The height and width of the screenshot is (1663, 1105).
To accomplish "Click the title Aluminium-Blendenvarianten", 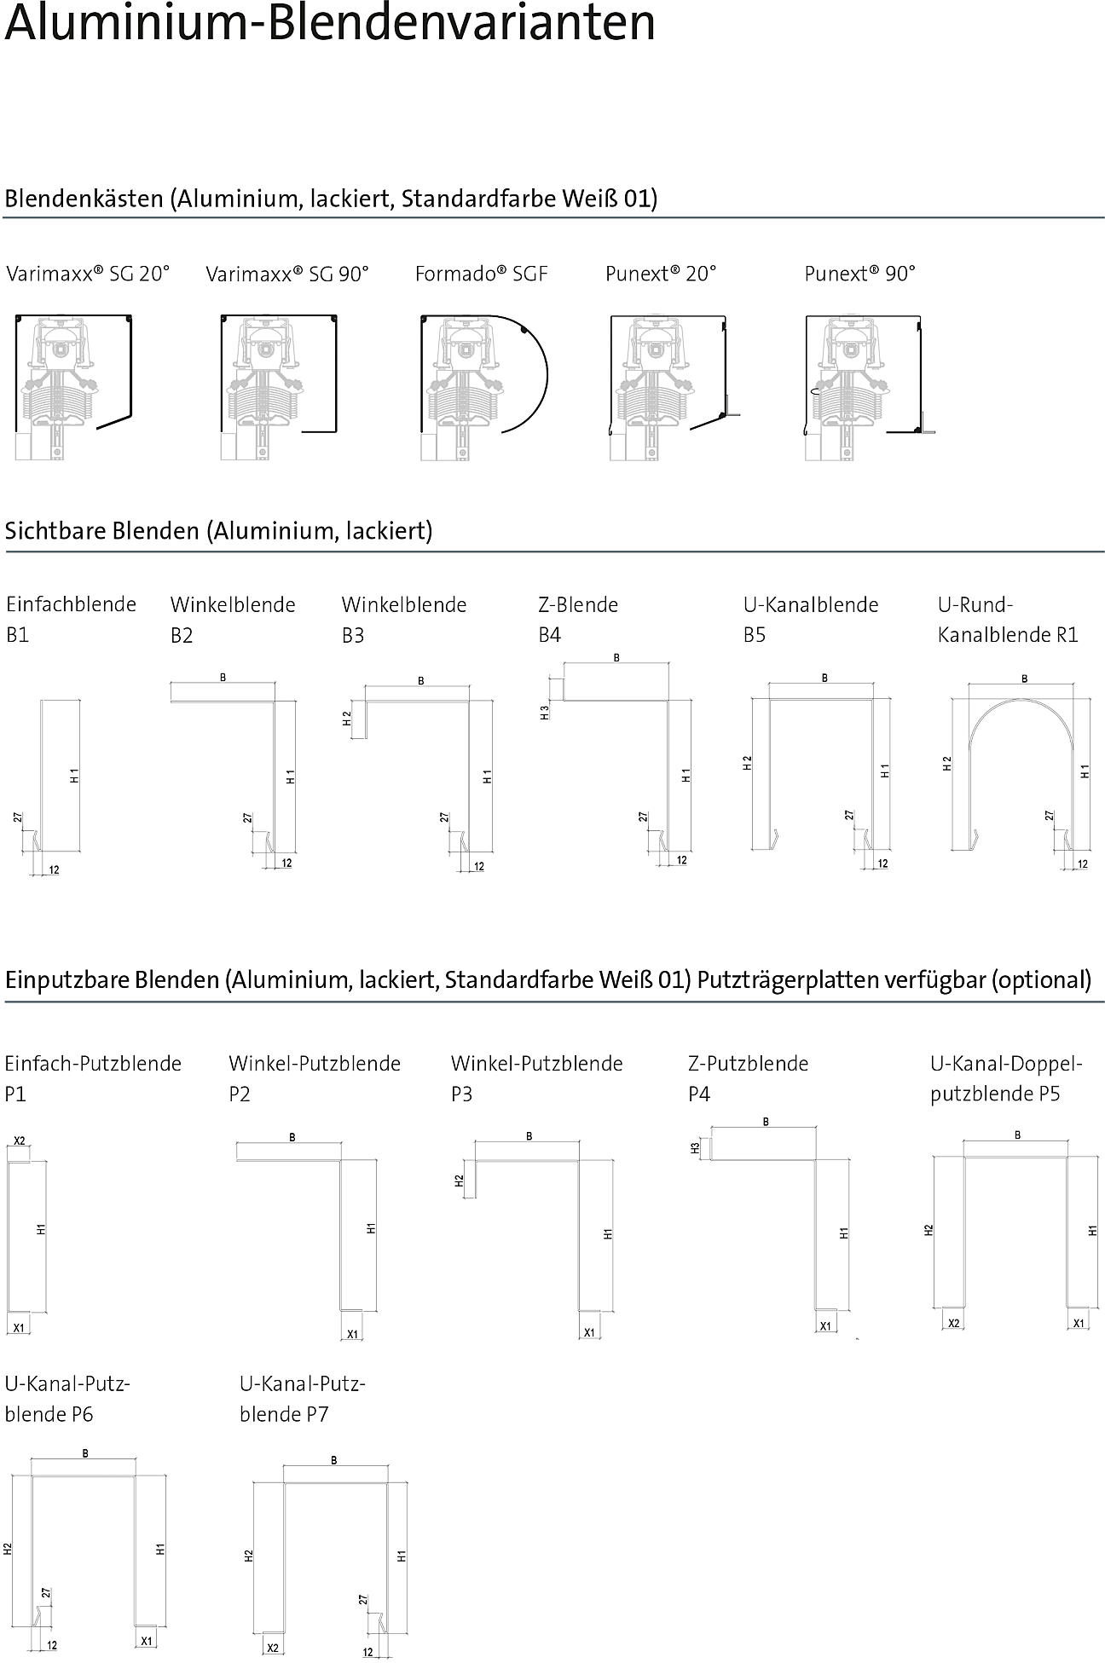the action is click(330, 23).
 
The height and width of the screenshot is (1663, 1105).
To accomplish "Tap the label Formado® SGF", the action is click(481, 274).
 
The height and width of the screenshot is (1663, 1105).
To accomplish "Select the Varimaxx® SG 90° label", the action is click(287, 274).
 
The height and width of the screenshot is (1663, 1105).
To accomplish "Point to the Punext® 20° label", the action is click(661, 274).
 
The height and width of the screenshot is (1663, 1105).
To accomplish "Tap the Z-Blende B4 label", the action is click(578, 620).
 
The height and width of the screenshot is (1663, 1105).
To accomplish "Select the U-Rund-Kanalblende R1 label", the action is click(1008, 620).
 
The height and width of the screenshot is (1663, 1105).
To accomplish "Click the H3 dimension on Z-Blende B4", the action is click(545, 712).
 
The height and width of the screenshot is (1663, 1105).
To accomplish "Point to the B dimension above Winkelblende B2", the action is click(223, 678).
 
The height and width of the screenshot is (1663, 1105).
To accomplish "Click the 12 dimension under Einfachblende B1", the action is click(54, 870).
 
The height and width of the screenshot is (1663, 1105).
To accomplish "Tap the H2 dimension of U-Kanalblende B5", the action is click(748, 763).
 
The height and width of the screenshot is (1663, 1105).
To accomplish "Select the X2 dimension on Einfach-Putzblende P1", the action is click(20, 1140).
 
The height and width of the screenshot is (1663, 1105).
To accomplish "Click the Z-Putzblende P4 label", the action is click(748, 1078).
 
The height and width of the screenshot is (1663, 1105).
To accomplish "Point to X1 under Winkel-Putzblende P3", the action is click(588, 1332).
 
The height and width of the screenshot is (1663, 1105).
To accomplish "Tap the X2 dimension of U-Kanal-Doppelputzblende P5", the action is click(954, 1323).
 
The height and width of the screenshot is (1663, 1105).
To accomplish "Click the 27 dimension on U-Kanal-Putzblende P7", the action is click(363, 1600).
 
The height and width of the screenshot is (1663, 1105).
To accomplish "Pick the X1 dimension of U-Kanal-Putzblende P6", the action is click(146, 1640).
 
